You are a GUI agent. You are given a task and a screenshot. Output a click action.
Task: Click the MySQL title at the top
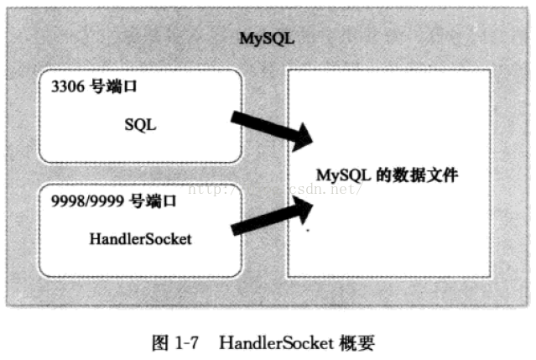pyautogui.click(x=267, y=39)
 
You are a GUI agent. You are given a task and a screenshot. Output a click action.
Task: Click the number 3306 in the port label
pyautogui.click(x=65, y=87)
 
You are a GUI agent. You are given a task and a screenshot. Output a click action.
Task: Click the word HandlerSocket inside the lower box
pyautogui.click(x=140, y=238)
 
